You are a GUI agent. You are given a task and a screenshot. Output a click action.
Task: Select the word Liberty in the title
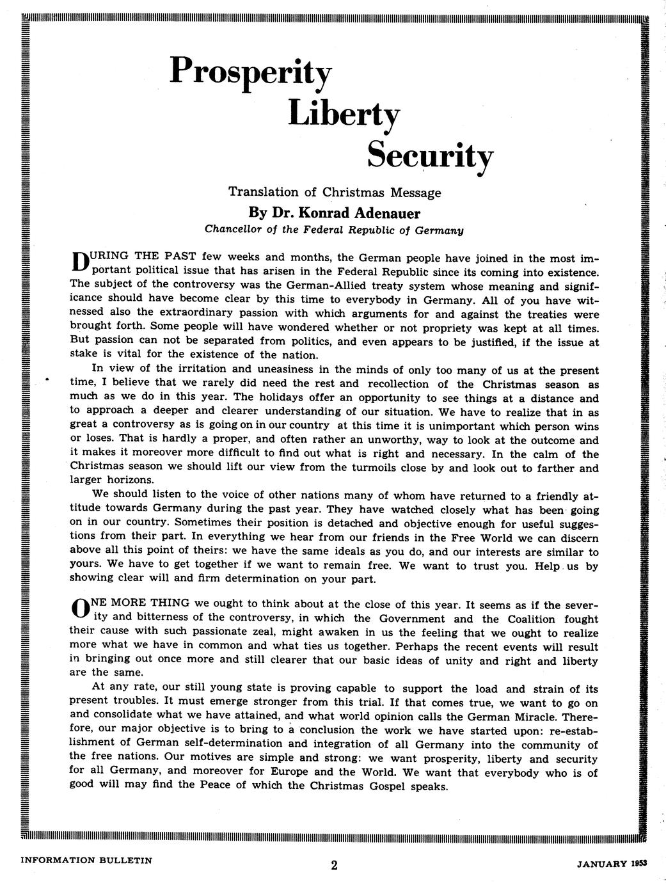(344, 115)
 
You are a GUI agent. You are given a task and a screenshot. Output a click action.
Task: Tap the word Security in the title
(430, 155)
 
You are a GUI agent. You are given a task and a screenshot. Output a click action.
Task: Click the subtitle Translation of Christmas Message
(335, 192)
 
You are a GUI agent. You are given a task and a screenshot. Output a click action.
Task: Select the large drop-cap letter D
(79, 262)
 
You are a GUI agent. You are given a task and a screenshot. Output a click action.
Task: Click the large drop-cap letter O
(79, 609)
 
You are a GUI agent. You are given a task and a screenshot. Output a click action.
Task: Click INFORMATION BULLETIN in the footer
(86, 861)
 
